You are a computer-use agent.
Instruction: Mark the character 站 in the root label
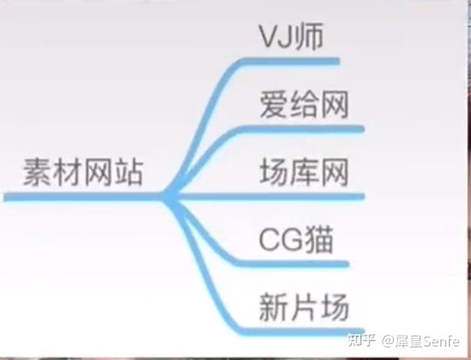coord(128,172)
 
